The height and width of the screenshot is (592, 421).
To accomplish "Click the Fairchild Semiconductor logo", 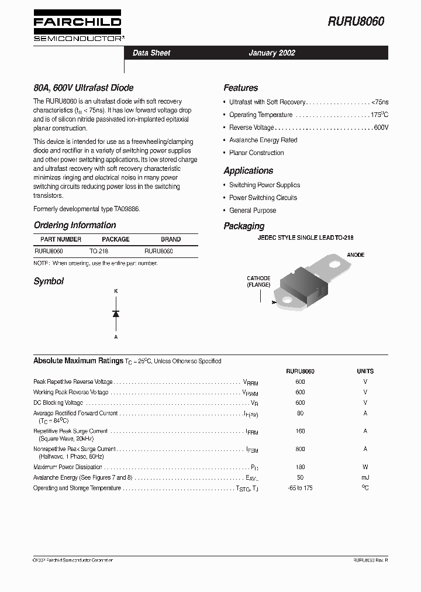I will [77, 26].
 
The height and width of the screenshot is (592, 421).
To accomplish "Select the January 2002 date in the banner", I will [272, 53].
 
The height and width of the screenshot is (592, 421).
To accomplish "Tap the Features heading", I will [240, 88].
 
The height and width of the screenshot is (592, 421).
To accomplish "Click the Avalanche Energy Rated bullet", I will [263, 140].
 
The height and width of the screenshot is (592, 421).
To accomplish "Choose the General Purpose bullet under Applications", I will [253, 211].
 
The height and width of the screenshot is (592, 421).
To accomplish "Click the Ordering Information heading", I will [75, 225].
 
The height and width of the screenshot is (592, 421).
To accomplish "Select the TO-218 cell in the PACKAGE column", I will [99, 251].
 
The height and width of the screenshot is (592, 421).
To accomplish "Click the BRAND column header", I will [171, 239].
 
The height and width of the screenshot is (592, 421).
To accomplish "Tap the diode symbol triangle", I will [116, 314].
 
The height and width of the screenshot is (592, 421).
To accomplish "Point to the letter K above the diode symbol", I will [116, 291].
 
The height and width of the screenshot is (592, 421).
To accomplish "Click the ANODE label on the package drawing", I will [356, 255].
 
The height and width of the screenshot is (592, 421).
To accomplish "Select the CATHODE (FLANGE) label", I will [258, 281].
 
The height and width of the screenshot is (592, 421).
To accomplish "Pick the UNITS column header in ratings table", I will [365, 371].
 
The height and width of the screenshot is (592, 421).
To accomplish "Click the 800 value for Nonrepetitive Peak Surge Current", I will [300, 449].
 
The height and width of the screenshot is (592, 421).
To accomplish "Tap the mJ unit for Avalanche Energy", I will [365, 477].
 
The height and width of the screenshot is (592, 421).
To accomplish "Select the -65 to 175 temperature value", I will [300, 488].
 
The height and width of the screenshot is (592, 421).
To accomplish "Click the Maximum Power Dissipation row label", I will [68, 467].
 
